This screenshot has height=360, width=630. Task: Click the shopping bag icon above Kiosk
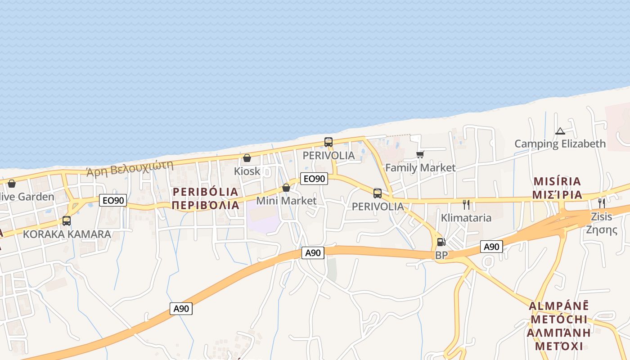[247, 158]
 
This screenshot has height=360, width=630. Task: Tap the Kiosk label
[247, 171]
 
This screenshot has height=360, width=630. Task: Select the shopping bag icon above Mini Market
[286, 188]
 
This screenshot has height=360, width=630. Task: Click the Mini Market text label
[286, 201]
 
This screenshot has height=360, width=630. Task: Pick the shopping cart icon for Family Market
[420, 155]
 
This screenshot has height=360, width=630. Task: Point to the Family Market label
[420, 168]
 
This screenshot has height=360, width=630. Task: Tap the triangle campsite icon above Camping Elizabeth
[560, 131]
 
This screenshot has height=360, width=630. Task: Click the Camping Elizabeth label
[560, 144]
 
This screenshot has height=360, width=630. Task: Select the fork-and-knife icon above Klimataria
[466, 205]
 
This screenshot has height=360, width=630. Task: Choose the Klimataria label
[466, 218]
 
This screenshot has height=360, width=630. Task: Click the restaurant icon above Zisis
[602, 203]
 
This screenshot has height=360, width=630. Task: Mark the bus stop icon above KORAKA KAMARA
[67, 221]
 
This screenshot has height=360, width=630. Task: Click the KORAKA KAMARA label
[67, 234]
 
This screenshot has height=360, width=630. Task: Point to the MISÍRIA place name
[557, 181]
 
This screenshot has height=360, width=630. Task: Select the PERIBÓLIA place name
[205, 192]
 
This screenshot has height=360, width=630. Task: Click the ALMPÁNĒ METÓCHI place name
[558, 313]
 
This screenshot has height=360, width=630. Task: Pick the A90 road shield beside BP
[491, 247]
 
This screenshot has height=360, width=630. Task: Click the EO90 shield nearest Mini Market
[314, 179]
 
